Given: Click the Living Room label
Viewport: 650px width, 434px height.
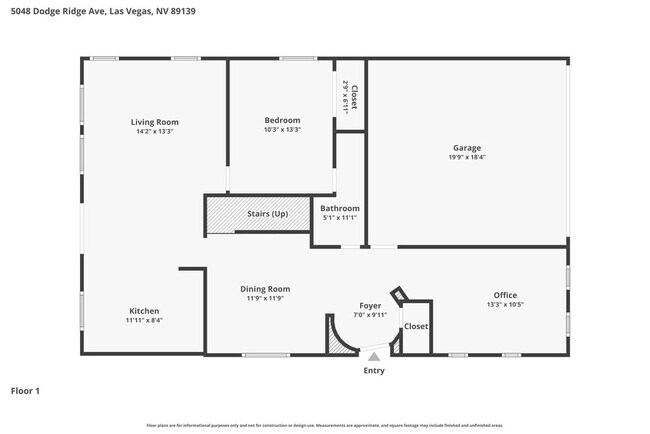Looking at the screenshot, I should click(x=155, y=122).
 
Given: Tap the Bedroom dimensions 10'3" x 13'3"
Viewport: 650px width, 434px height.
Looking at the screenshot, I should click(x=282, y=130).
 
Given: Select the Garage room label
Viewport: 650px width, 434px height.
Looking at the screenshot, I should click(x=466, y=147).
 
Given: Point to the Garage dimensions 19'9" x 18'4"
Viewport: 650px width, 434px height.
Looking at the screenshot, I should click(x=466, y=157).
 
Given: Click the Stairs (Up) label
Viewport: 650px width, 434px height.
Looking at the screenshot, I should click(x=267, y=214).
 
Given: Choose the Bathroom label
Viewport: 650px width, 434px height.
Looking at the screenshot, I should click(x=340, y=208).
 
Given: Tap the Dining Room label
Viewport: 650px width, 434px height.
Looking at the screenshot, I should click(x=266, y=289).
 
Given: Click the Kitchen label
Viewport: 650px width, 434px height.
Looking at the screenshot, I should click(x=144, y=311).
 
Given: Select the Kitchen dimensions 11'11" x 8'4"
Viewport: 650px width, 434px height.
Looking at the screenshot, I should click(x=144, y=321).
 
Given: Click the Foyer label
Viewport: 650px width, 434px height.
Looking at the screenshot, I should click(x=370, y=305).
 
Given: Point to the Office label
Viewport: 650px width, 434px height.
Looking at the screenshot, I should click(x=505, y=295).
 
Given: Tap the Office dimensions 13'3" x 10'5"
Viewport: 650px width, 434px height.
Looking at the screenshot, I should click(x=505, y=305).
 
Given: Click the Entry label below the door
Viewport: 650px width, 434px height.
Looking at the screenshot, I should click(x=373, y=371).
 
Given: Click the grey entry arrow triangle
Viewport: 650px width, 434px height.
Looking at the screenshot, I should click(x=373, y=355).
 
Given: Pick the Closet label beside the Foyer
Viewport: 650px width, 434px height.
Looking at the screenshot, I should click(x=416, y=326).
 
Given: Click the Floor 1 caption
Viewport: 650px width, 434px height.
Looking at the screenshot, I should click(x=25, y=391).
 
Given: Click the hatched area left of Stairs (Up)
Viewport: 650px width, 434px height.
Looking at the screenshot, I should click(x=220, y=214).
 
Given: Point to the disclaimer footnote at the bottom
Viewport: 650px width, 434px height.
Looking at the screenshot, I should click(x=325, y=425).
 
